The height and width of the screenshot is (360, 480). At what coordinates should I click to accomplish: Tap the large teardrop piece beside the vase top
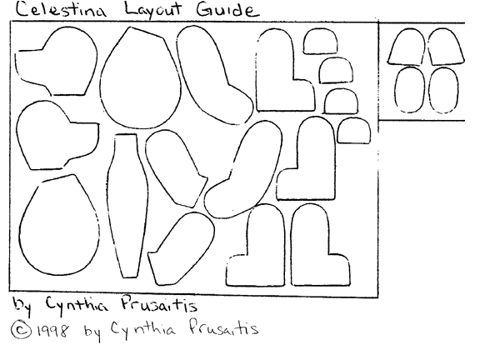[x=137, y=77]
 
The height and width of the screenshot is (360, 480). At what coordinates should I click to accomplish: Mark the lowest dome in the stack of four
[x=353, y=131]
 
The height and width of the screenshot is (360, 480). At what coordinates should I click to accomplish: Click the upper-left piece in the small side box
[x=407, y=47]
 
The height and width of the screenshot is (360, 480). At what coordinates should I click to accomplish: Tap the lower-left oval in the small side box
[x=408, y=89]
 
